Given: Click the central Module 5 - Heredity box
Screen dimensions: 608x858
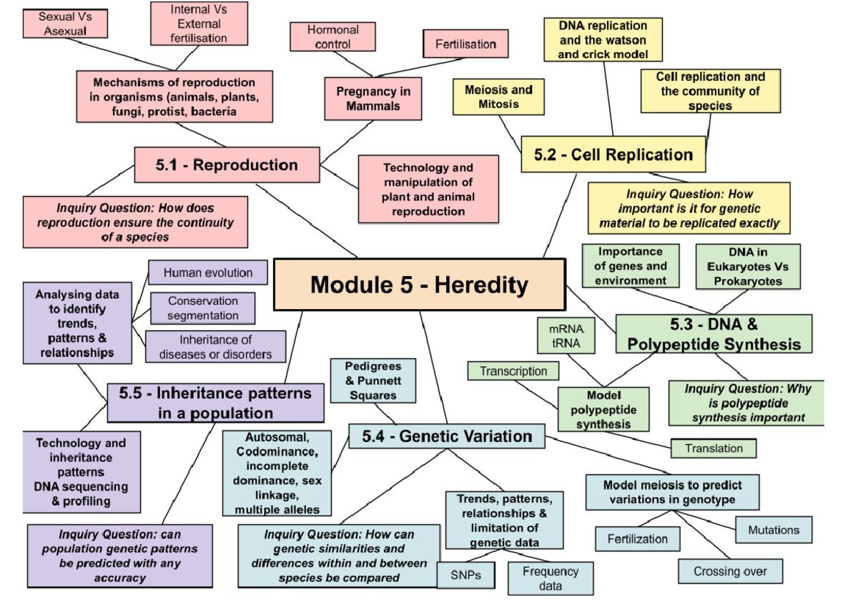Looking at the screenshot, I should pyautogui.click(x=420, y=285).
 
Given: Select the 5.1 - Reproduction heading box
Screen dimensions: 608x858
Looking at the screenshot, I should pyautogui.click(x=227, y=165).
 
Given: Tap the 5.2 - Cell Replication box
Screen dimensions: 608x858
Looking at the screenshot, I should pyautogui.click(x=613, y=155).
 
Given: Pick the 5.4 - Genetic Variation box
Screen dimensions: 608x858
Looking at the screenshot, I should pyautogui.click(x=447, y=436).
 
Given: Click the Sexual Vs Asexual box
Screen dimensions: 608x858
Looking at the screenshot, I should pyautogui.click(x=64, y=24).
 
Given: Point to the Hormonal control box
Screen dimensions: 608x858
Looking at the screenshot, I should pyautogui.click(x=333, y=36).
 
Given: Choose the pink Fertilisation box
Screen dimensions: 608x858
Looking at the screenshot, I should pyautogui.click(x=465, y=44).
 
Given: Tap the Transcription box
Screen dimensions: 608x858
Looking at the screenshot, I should pyautogui.click(x=513, y=371).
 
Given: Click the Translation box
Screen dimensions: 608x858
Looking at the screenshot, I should pyautogui.click(x=713, y=448).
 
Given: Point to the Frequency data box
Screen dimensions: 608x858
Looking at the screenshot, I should pyautogui.click(x=550, y=578).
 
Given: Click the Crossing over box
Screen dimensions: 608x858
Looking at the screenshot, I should pyautogui.click(x=730, y=571).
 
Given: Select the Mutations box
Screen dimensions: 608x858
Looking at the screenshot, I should pyautogui.click(x=773, y=530).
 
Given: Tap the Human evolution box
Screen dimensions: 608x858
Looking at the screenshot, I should pyautogui.click(x=207, y=273).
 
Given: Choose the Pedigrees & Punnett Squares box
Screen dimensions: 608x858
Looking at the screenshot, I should pyautogui.click(x=373, y=381).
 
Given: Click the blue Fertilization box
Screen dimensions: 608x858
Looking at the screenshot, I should pyautogui.click(x=637, y=539).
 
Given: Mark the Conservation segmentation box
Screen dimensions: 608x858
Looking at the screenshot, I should pyautogui.click(x=203, y=308).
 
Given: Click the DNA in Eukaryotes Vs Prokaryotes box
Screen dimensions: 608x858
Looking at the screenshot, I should pyautogui.click(x=748, y=267).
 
